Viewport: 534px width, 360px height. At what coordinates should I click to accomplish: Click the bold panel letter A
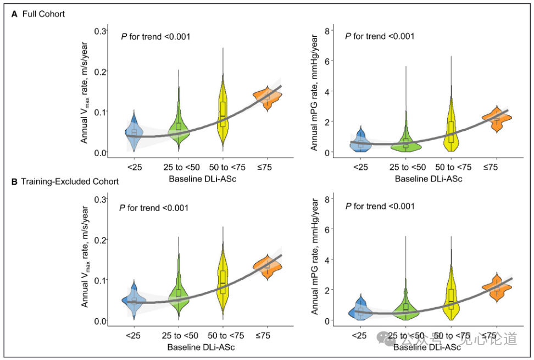click(14, 14)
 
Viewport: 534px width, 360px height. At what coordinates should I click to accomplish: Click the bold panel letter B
click(14, 181)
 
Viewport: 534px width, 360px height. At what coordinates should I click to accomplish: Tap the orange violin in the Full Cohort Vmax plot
click(268, 98)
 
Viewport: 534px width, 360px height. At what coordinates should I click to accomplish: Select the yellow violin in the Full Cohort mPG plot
click(451, 122)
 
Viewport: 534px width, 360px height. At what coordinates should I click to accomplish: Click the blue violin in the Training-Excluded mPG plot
click(360, 307)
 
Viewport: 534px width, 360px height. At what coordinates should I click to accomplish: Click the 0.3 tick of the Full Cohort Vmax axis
click(100, 31)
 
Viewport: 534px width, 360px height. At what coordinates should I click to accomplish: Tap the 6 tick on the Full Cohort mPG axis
click(327, 61)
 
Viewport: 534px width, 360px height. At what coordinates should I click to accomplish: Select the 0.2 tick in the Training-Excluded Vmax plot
click(101, 240)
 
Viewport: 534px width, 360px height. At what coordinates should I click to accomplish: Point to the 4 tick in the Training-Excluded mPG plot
click(327, 260)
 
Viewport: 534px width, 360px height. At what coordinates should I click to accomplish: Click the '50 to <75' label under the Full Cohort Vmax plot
click(227, 167)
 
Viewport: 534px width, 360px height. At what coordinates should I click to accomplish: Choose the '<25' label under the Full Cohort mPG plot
click(360, 167)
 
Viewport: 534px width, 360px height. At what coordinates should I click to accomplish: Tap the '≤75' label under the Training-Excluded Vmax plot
click(263, 335)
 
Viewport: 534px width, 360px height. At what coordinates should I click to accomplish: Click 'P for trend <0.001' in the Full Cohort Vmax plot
click(155, 36)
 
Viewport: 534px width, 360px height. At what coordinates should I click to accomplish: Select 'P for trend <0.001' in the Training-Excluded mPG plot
click(380, 207)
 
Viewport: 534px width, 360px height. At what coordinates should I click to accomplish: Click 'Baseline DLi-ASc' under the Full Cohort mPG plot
click(429, 179)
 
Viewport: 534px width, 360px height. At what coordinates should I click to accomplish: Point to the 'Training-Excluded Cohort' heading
click(70, 181)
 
